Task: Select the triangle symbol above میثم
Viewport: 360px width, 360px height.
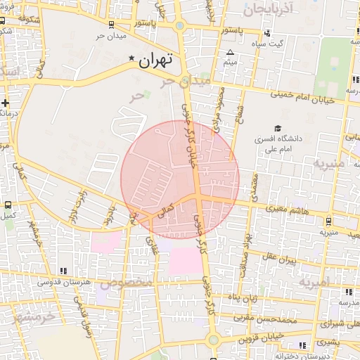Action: pyautogui.click(x=230, y=53)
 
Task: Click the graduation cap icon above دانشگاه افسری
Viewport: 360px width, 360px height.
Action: pyautogui.click(x=278, y=129)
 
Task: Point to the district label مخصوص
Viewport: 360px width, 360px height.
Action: pyautogui.click(x=126, y=283)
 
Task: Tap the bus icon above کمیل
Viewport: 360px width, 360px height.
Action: pyautogui.click(x=8, y=206)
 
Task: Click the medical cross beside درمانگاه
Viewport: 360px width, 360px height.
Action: pyautogui.click(x=5, y=103)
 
